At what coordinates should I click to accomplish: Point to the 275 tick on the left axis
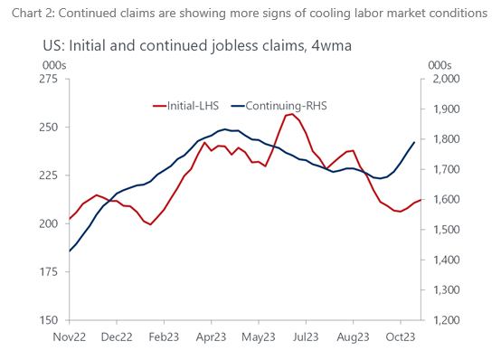[x=52, y=80]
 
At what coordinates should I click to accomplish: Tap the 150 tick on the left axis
[x=52, y=320]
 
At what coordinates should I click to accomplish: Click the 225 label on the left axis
[x=52, y=175]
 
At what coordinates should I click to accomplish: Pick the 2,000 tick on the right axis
[x=445, y=80]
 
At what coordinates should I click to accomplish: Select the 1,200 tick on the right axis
[x=445, y=320]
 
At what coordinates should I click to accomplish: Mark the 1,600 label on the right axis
[x=445, y=200]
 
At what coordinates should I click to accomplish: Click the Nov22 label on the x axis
[x=69, y=336]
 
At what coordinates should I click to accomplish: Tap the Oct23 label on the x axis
[x=401, y=336]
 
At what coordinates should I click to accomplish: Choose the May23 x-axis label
[x=259, y=336]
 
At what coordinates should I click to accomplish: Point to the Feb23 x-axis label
[x=164, y=336]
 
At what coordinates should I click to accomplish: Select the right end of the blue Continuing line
[x=414, y=142]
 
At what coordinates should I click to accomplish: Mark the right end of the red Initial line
[x=421, y=200]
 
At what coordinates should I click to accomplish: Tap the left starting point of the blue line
[x=69, y=251]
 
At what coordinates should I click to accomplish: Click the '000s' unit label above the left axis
[x=53, y=64]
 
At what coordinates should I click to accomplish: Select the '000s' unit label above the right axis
[x=439, y=64]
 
